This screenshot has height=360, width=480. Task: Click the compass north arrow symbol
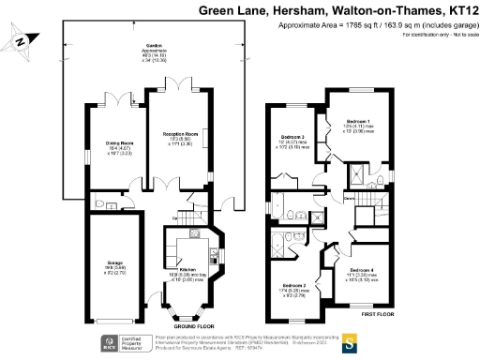click(x=22, y=42)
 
